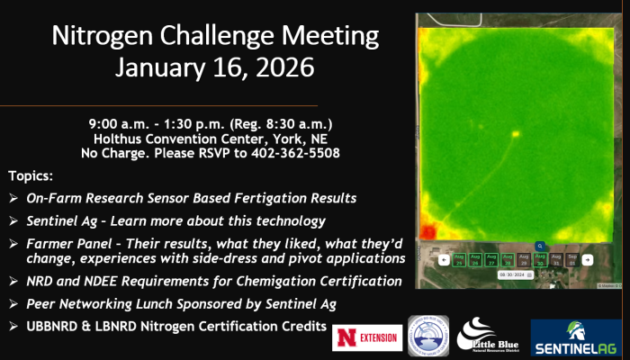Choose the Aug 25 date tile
point(459,259)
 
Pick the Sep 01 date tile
point(571,259)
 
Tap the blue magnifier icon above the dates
point(539,245)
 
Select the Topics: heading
point(31,175)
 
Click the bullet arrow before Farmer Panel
point(13,243)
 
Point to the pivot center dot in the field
point(516,135)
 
